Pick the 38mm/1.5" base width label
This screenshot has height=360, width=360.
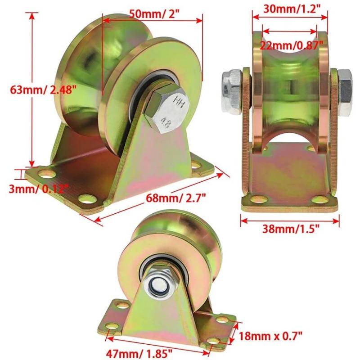pyautogui.click(x=291, y=229)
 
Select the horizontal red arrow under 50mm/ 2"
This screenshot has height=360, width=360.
pyautogui.click(x=152, y=20)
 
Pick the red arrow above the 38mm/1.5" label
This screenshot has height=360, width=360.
pyautogui.click(x=290, y=220)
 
